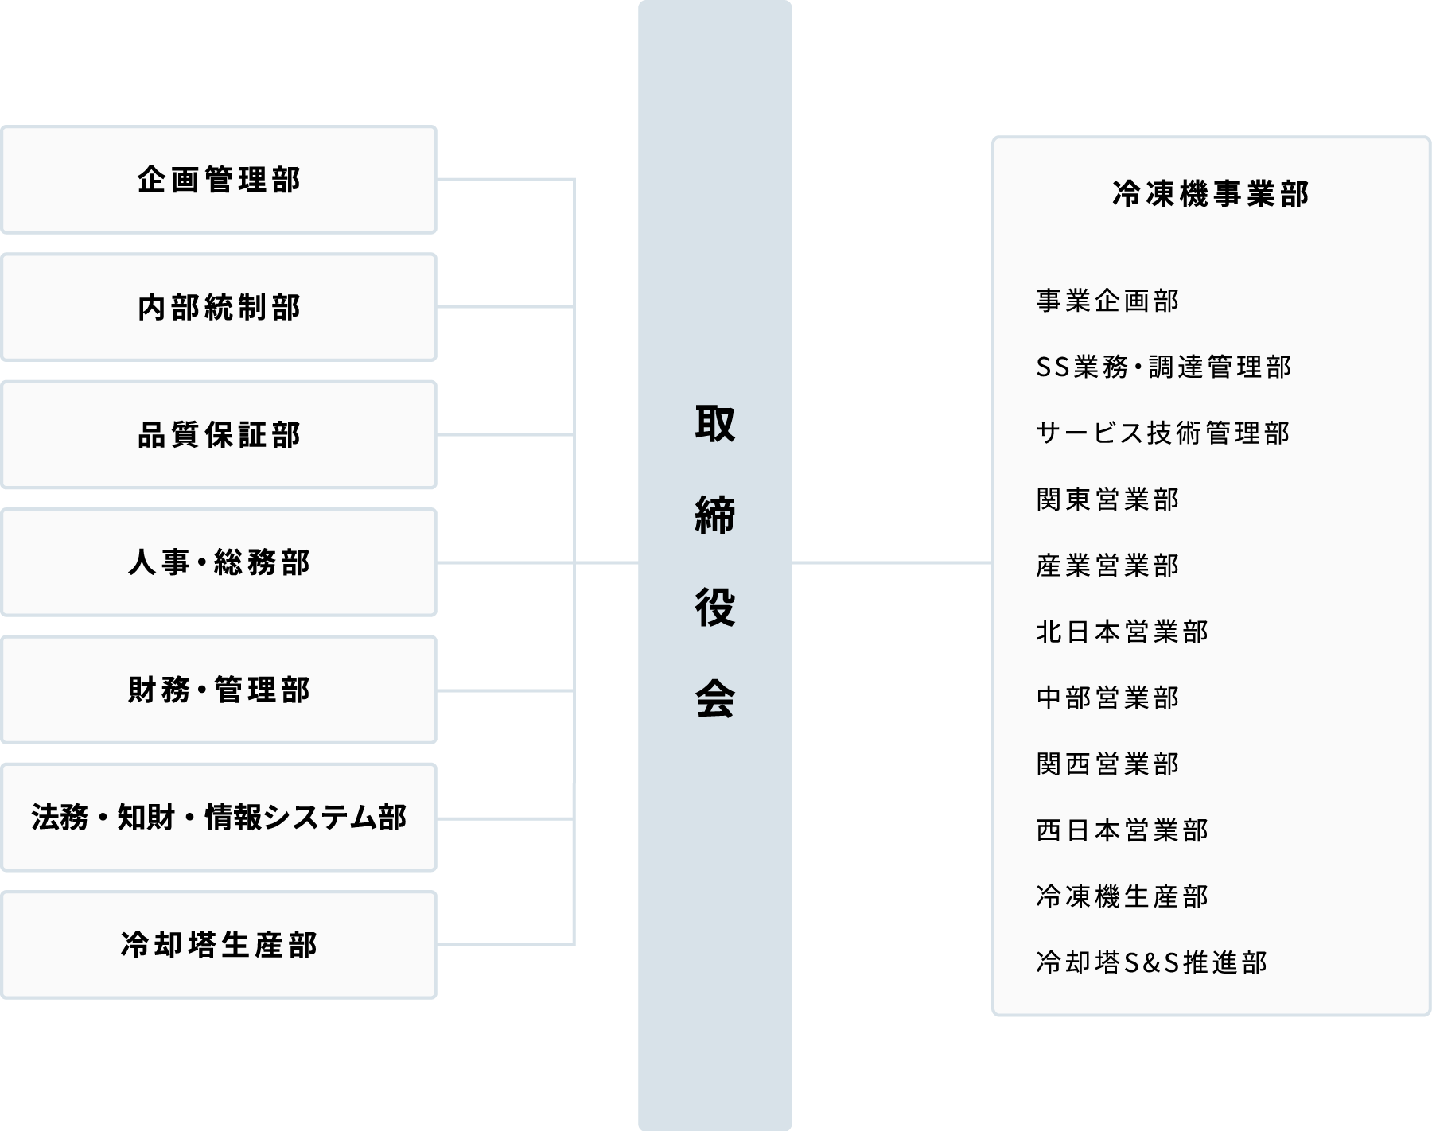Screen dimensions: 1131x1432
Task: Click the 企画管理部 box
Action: point(219,180)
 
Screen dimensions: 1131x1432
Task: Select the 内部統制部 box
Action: point(219,307)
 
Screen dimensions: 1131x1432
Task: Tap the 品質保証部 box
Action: point(219,435)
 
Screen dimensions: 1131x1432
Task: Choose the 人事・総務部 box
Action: point(219,562)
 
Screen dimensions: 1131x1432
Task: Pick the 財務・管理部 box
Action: point(219,690)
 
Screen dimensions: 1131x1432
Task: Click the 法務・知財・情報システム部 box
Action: point(219,818)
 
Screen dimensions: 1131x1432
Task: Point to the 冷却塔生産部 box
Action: point(219,945)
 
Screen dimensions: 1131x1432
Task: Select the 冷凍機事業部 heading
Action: point(1210,194)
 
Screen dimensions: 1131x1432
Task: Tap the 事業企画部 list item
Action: point(1107,301)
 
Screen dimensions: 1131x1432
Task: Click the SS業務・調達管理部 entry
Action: point(1163,367)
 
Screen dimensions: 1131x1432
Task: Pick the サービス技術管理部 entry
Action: point(1162,433)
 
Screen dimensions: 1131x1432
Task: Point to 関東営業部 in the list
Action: point(1107,499)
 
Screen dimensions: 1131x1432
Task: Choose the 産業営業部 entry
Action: point(1107,565)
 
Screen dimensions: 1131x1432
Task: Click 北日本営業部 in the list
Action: point(1122,632)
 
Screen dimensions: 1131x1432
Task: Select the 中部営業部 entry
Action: point(1107,698)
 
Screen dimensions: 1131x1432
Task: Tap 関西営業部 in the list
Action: point(1107,764)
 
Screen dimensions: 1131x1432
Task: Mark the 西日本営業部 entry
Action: point(1122,830)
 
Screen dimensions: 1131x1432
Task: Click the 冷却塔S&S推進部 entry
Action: point(1151,962)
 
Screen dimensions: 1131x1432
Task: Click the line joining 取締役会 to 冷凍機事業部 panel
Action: point(891,563)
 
